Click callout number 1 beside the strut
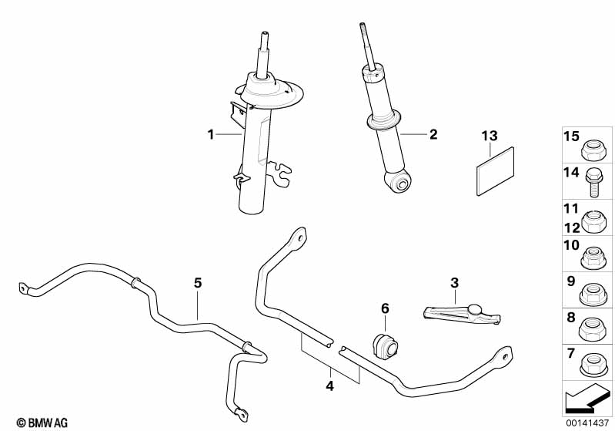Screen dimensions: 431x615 click(x=210, y=135)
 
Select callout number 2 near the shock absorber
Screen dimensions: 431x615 click(x=433, y=134)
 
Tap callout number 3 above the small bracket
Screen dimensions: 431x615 click(x=454, y=282)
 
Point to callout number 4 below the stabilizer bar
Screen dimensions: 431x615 click(x=329, y=385)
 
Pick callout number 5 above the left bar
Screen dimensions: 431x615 click(x=198, y=283)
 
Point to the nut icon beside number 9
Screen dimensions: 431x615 click(x=593, y=291)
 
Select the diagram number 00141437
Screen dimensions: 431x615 click(x=589, y=423)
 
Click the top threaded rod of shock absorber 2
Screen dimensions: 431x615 click(x=365, y=42)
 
